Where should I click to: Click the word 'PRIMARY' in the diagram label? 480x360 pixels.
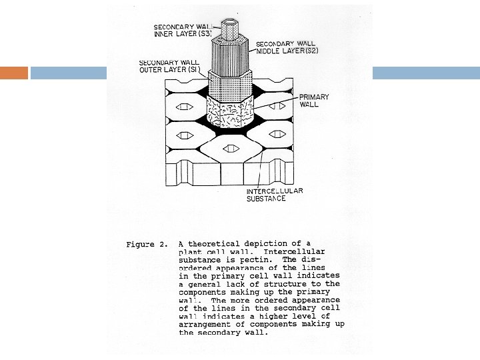click(x=314, y=97)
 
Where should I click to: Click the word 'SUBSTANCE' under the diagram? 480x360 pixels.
click(x=261, y=199)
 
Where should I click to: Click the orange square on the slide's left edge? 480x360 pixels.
click(x=14, y=73)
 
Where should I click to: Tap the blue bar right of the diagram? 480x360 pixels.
click(x=425, y=73)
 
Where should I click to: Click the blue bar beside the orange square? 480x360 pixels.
click(x=70, y=73)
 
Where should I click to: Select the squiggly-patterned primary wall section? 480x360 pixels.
click(x=230, y=110)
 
